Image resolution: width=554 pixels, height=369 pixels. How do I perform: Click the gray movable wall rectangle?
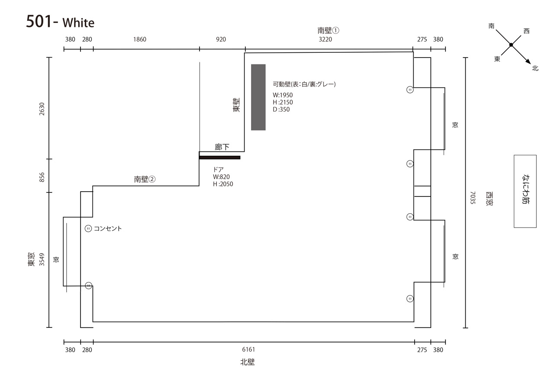(258, 97)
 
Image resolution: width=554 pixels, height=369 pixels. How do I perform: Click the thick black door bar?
(219, 157)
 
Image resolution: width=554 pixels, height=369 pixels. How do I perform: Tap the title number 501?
(39, 21)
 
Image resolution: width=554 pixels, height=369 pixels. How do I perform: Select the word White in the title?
(78, 23)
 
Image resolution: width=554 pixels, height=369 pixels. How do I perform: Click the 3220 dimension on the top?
(325, 39)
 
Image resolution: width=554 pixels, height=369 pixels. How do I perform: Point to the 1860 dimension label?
(140, 39)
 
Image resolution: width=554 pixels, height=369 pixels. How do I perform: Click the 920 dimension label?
(221, 39)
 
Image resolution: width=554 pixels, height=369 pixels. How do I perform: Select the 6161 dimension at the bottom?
(248, 350)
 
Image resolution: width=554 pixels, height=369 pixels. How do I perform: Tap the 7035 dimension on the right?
(473, 198)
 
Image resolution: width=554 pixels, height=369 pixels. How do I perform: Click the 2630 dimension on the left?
(42, 109)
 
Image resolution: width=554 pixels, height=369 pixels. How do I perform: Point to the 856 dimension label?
(42, 177)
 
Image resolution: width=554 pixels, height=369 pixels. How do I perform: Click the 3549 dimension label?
(42, 260)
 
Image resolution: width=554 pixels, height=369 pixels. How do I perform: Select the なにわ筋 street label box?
(525, 191)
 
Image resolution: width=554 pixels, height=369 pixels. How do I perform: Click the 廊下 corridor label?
(222, 147)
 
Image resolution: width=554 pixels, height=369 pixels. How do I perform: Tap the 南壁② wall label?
(145, 179)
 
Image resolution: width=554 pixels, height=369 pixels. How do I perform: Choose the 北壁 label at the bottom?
(248, 362)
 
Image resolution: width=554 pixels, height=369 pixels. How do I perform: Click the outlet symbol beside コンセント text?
(88, 228)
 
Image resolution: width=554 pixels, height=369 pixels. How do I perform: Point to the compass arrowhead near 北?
(528, 62)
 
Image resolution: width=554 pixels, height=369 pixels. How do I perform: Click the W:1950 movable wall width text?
(283, 95)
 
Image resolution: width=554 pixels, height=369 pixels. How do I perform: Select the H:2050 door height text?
(223, 184)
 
